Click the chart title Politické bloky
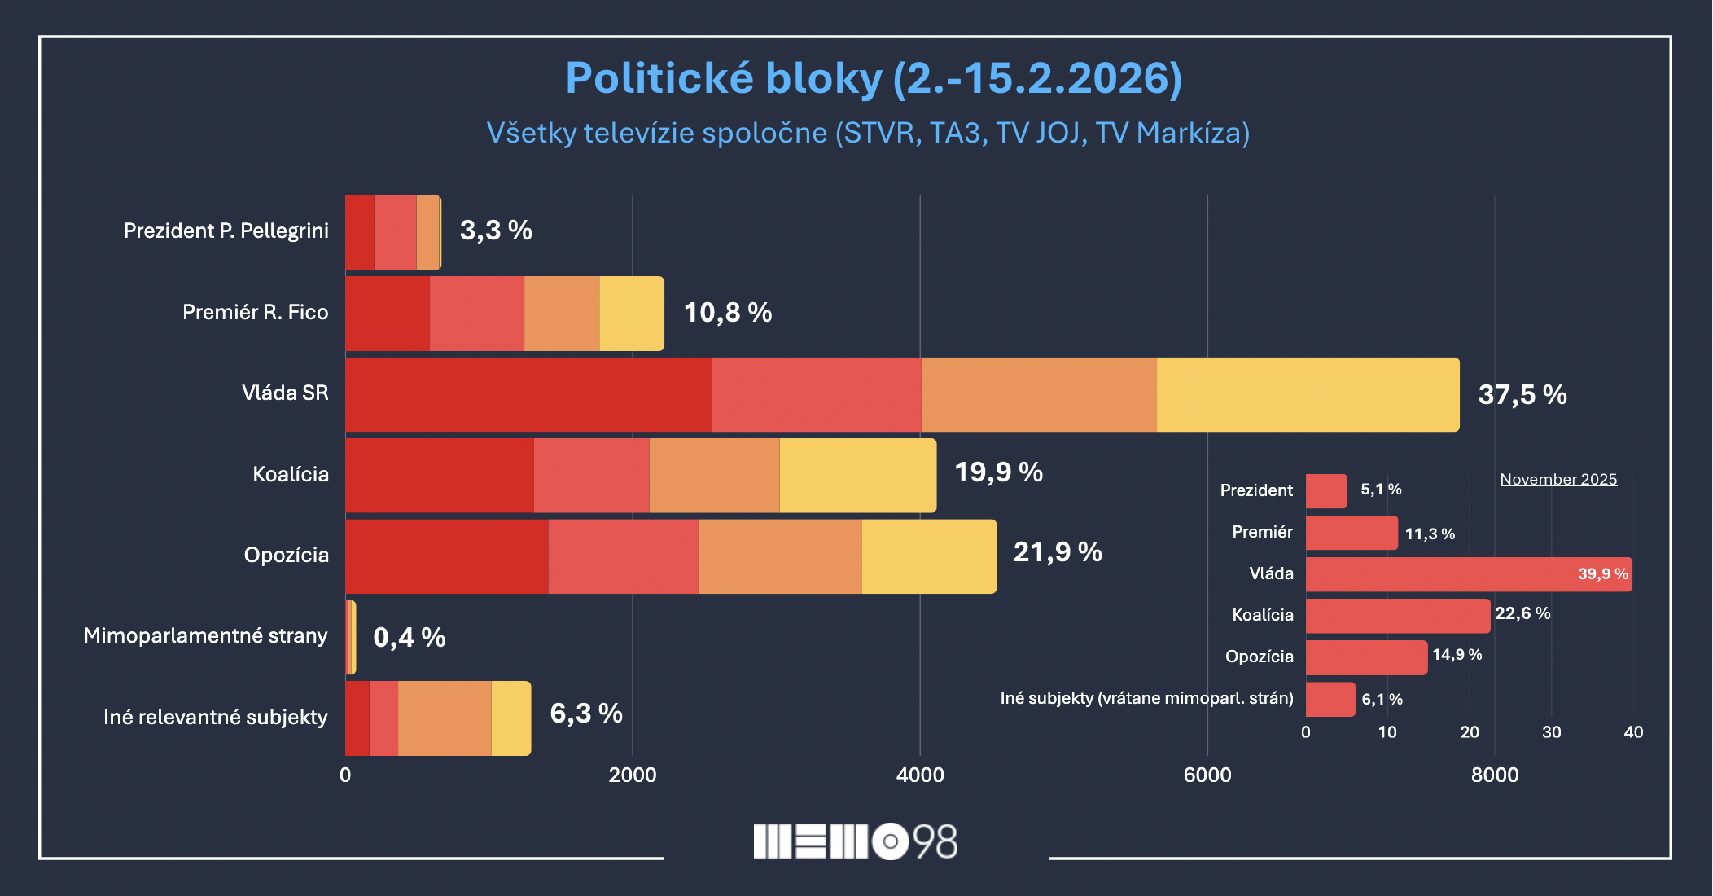[x=873, y=79]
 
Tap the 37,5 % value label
[x=1522, y=395]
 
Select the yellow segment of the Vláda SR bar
[x=1307, y=395]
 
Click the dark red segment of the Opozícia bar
[x=446, y=556]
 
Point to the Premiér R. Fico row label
[x=255, y=313]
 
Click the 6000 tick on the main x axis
[x=1207, y=775]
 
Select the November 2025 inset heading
[x=1557, y=480]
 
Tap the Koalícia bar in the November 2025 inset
[x=1397, y=616]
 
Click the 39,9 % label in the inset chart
[x=1602, y=574]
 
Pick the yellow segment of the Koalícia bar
[x=857, y=476]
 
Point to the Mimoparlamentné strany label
[x=205, y=636]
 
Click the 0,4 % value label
[x=409, y=637]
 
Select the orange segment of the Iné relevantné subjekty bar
[x=445, y=718]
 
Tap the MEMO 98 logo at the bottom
[x=855, y=841]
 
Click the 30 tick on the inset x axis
[x=1551, y=732]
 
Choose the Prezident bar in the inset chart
[x=1325, y=491]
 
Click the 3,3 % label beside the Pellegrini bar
[x=496, y=231]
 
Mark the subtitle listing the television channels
[x=868, y=133]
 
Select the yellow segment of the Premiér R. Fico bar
[x=631, y=314]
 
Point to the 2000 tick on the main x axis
[x=632, y=775]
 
